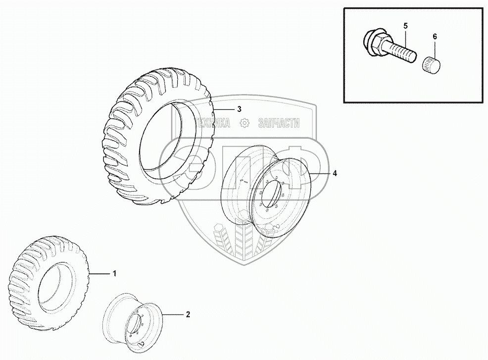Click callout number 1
114,273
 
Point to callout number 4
335,173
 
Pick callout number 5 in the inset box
405,25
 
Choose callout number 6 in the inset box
435,37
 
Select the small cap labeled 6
431,64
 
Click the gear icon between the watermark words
244,123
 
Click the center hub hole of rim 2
133,327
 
